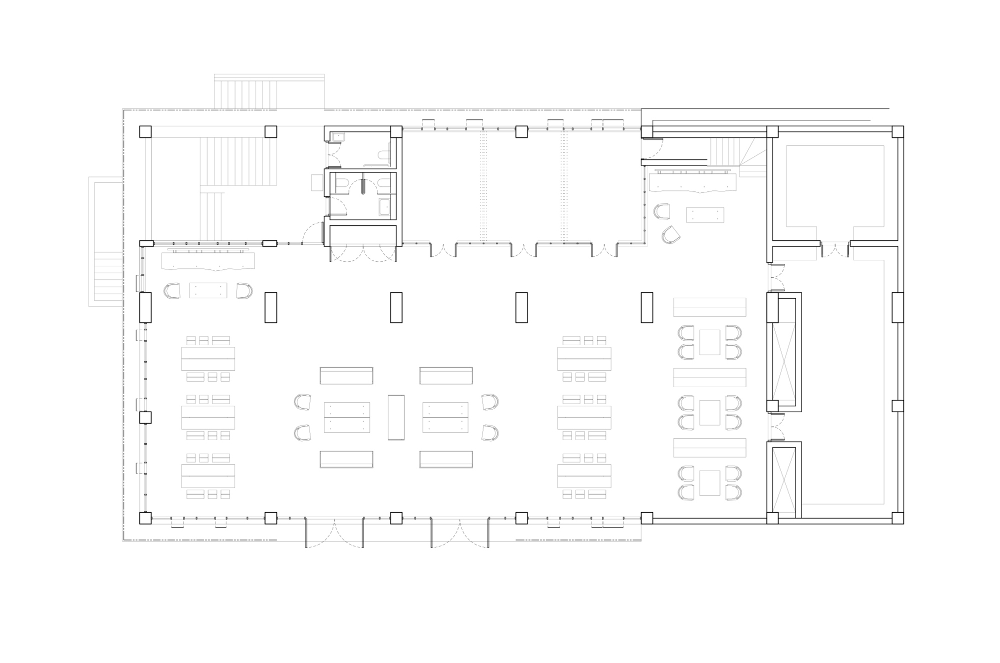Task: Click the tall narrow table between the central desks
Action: pos(396,417)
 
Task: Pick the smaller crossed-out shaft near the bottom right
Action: pos(783,480)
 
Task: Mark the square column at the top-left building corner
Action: pos(145,132)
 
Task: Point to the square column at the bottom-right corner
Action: pos(897,518)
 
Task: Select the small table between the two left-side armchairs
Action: pos(208,290)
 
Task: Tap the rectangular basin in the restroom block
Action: pos(384,207)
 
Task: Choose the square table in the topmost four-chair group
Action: pos(709,342)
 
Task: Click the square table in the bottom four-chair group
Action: pos(709,483)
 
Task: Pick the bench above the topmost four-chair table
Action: pos(709,307)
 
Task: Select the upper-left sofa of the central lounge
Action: pos(346,376)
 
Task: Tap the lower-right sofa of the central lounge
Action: pos(446,459)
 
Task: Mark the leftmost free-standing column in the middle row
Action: pos(270,307)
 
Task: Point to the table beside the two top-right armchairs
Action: pos(705,215)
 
